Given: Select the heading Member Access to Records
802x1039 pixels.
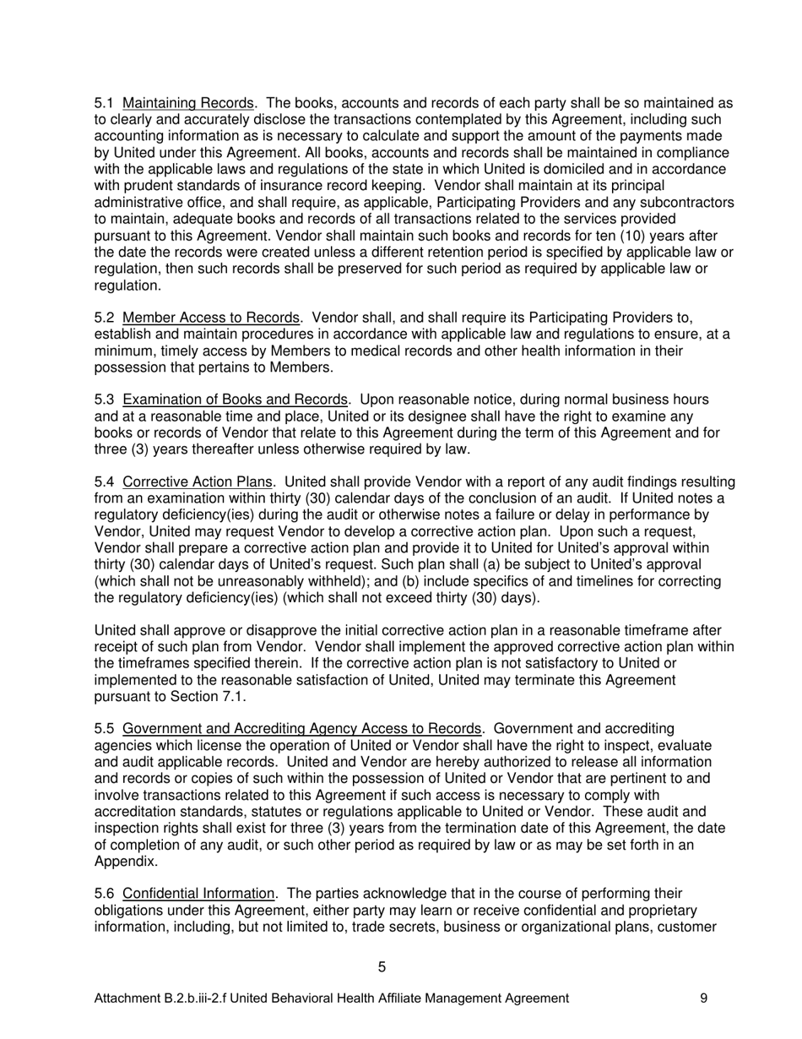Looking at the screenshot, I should pyautogui.click(x=211, y=318).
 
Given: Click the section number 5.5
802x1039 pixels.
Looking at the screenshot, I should pyautogui.click(x=105, y=729).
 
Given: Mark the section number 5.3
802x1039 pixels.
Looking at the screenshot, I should pyautogui.click(x=105, y=400).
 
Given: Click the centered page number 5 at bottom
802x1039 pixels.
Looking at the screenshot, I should pyautogui.click(x=382, y=968).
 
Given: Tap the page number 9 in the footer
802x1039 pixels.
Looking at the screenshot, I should pyautogui.click(x=704, y=998).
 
